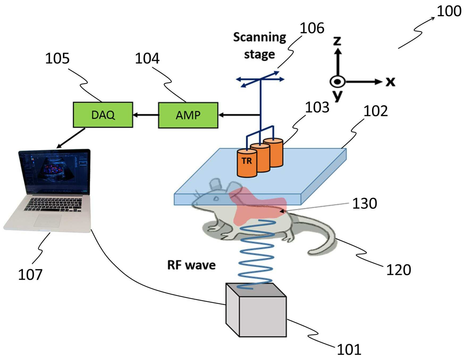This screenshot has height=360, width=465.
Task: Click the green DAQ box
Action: click(x=103, y=114)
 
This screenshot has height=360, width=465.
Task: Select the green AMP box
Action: click(x=188, y=114)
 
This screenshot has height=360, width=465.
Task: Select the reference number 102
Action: click(x=376, y=111)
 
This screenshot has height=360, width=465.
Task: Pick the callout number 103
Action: click(x=317, y=107)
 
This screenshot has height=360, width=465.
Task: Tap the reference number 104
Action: click(x=147, y=59)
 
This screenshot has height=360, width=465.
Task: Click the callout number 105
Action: click(x=57, y=59)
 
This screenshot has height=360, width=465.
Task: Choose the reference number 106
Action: click(x=312, y=28)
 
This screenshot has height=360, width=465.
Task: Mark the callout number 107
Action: click(x=30, y=275)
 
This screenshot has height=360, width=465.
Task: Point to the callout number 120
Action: click(x=399, y=270)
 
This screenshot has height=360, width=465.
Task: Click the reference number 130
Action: click(x=364, y=203)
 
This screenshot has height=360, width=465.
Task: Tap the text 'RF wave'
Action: click(x=191, y=265)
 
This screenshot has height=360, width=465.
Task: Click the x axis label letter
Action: click(x=390, y=81)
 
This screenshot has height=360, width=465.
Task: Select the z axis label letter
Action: click(x=337, y=40)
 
